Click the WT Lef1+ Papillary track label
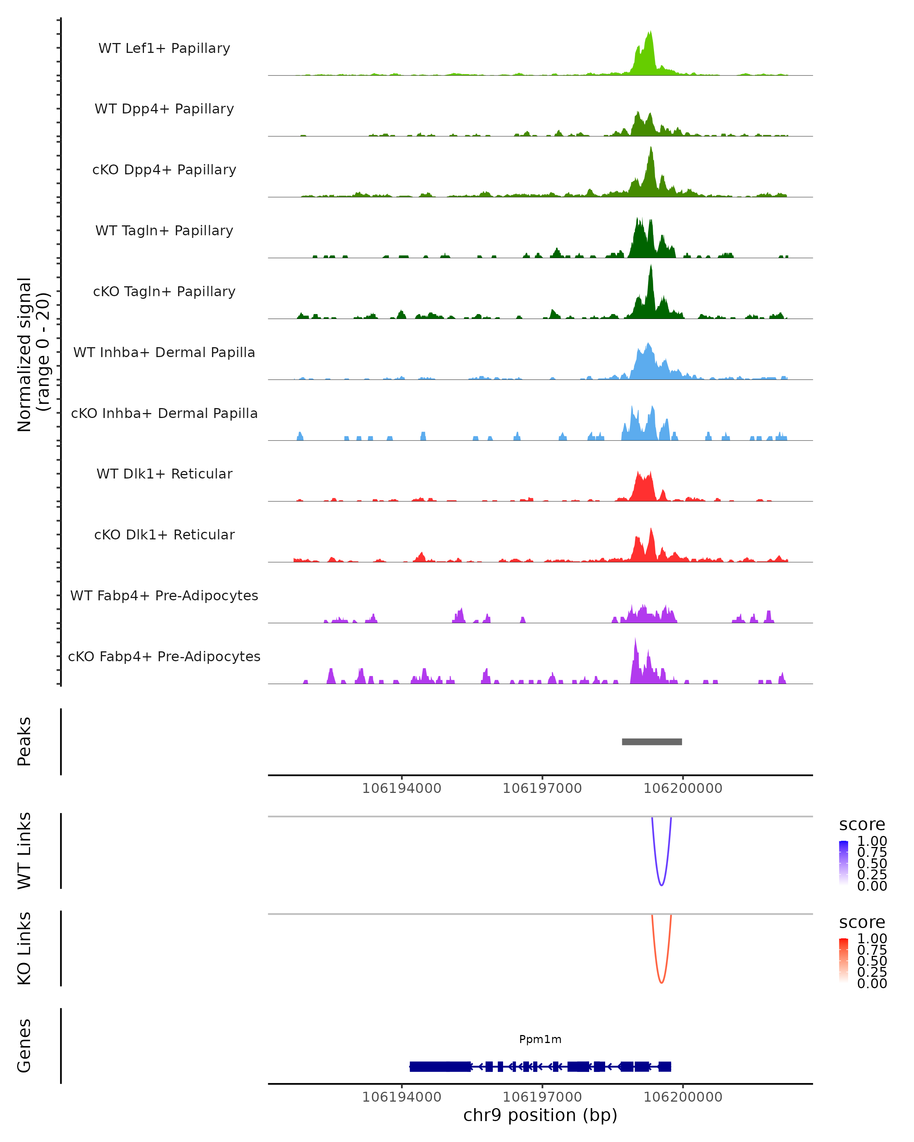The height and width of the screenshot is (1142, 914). [x=164, y=48]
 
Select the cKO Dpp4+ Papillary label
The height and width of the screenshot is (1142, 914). [x=164, y=169]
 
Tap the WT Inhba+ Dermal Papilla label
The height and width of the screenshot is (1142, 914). [x=164, y=352]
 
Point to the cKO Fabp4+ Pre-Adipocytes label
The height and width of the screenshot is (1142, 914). [x=164, y=656]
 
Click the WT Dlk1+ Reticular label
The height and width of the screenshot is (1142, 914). [x=164, y=474]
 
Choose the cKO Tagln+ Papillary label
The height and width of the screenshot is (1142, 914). [x=164, y=291]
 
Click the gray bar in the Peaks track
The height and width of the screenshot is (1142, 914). [x=652, y=742]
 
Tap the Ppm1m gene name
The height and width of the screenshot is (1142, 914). [x=540, y=1039]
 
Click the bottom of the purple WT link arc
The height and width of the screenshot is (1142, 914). [x=661, y=885]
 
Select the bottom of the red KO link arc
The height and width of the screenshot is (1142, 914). [x=661, y=983]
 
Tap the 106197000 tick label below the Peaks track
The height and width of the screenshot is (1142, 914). [x=542, y=788]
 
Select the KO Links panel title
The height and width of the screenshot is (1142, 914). [x=24, y=948]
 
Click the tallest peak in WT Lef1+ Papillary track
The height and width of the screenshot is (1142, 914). [x=650, y=33]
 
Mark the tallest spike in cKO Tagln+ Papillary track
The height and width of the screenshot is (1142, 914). [x=651, y=266]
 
